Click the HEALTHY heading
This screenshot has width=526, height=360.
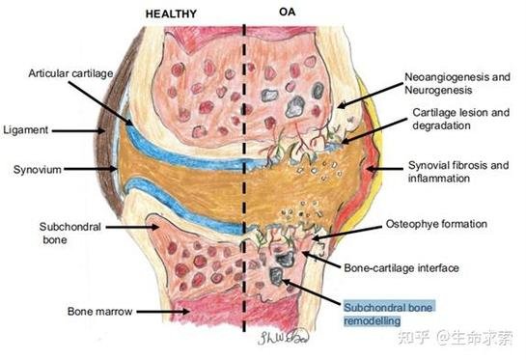point(171,14)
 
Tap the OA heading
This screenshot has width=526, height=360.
point(288,12)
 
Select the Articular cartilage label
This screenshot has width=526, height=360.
point(70,73)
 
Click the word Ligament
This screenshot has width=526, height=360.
point(26,130)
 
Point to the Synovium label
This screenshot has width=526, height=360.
point(38,170)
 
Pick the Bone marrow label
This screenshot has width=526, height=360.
point(100,312)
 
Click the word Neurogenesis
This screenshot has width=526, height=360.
point(438,90)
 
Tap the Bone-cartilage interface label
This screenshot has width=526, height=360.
point(401,267)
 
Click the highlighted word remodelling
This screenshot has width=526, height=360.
point(373,321)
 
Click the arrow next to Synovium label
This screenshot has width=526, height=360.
point(90,169)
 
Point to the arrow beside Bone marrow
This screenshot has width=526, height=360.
point(163,312)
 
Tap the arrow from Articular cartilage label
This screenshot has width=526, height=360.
point(101,103)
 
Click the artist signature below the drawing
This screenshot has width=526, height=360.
point(283,337)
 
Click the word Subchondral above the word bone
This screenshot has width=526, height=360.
point(70,227)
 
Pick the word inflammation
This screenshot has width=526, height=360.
point(439,179)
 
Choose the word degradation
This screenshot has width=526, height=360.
point(441,125)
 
